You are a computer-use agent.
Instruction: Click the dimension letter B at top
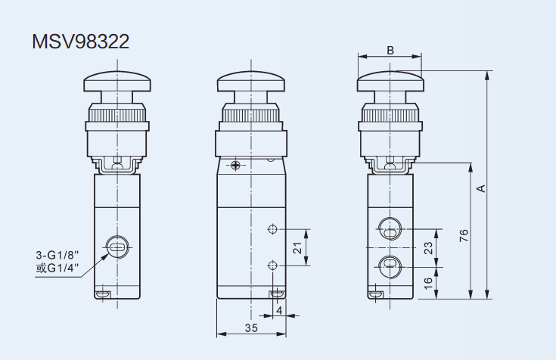(390, 50)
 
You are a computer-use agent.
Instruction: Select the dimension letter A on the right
(480, 188)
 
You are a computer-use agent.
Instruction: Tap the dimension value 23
(427, 247)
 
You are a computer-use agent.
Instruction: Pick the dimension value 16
(427, 282)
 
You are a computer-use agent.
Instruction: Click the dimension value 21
(297, 247)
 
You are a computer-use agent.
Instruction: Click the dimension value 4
(279, 309)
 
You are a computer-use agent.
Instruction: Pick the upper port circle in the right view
(390, 229)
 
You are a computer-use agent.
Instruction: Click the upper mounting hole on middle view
(272, 228)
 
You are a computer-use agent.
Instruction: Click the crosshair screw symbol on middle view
(237, 165)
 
